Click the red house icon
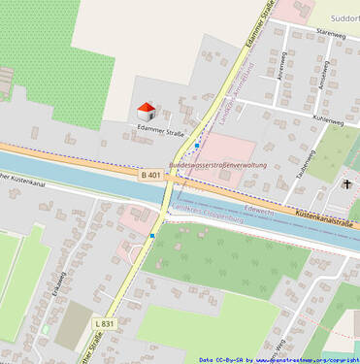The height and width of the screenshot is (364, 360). (x=146, y=111)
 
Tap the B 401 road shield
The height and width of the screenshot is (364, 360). (x=150, y=175)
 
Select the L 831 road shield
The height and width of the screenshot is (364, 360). (x=105, y=323)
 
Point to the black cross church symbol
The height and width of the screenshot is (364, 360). (x=346, y=183)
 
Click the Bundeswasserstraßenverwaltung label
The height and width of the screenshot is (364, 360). (x=218, y=165)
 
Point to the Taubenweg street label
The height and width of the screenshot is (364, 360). (x=304, y=161)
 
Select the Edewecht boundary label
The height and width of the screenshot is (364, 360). (x=260, y=208)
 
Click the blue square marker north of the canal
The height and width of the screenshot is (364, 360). (x=197, y=146)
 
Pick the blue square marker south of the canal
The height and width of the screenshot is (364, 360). (x=152, y=236)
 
